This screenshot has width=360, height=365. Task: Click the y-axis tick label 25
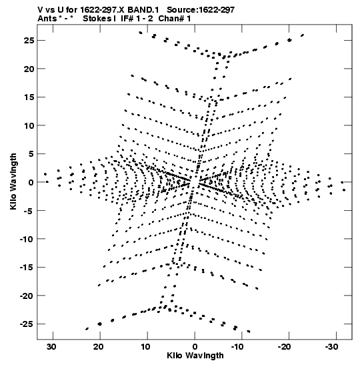click(29, 41)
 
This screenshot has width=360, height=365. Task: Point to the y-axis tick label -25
click(27, 324)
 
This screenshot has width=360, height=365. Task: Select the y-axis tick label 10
click(29, 125)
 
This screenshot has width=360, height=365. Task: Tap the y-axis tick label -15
click(27, 267)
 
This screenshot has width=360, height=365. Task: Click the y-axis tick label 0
click(31, 182)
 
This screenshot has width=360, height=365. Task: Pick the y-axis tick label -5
click(29, 211)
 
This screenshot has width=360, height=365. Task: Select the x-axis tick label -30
click(331, 347)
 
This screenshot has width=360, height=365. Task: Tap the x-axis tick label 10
click(145, 347)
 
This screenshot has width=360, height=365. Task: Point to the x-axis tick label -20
click(284, 347)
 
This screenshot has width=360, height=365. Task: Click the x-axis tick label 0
click(195, 347)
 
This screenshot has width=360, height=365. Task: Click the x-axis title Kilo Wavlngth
click(195, 356)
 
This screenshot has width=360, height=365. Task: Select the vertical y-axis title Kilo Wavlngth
click(13, 181)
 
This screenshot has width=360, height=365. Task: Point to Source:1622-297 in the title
click(201, 10)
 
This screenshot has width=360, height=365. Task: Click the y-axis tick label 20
click(29, 69)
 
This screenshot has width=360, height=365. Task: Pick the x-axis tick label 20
click(99, 347)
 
